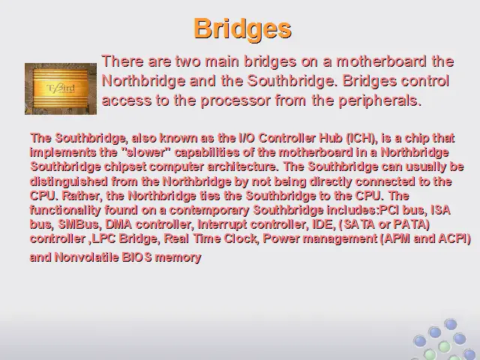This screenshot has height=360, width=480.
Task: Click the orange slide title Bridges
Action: point(242,28)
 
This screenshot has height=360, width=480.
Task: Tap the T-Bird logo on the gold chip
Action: point(61,88)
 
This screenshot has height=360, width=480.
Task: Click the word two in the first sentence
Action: point(188,61)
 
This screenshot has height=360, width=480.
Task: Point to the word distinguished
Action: point(68,181)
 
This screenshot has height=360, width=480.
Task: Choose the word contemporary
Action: point(209,210)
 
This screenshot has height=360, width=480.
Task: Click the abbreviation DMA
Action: point(118,224)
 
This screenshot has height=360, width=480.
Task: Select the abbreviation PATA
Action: point(411,224)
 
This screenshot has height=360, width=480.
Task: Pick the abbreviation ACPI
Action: point(454,238)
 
